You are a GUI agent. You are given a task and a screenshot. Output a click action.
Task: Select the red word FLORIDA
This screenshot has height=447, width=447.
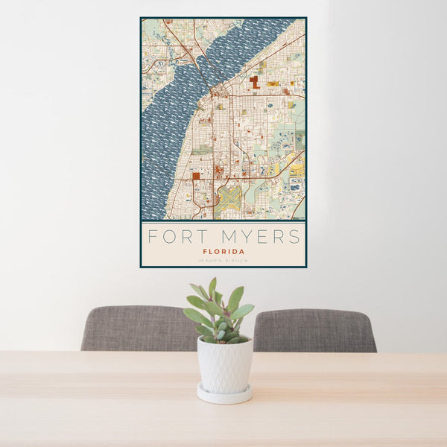(x=223, y=252)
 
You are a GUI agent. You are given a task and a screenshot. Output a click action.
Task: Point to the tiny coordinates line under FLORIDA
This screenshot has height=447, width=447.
(x=223, y=260)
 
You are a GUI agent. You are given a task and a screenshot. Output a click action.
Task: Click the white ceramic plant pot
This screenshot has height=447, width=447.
(x=224, y=364)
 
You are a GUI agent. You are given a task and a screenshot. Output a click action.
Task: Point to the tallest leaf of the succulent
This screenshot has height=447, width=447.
(x=212, y=287)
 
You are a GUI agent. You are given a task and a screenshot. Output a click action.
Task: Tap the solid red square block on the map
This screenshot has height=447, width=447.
(x=196, y=177)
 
